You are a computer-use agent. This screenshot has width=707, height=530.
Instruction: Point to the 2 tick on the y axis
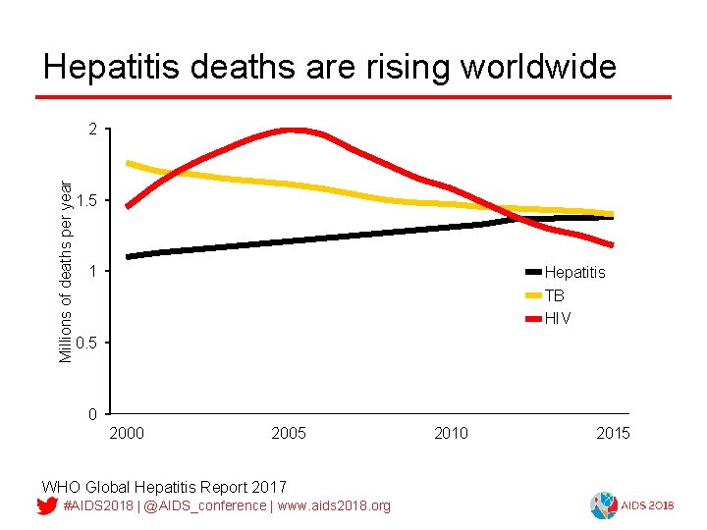(92, 130)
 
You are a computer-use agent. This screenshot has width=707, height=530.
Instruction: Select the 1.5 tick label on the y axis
(86, 201)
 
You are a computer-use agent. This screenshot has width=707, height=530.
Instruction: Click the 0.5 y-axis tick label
(86, 343)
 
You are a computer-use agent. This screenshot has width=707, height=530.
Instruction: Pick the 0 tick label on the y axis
(92, 414)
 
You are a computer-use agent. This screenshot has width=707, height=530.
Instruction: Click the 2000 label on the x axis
(126, 434)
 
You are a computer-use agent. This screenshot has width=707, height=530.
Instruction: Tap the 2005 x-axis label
(288, 434)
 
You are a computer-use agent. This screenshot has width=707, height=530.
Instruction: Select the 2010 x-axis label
(451, 434)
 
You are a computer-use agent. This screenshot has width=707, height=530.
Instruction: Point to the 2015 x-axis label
(613, 434)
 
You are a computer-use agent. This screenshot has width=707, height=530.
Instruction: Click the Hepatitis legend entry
(574, 272)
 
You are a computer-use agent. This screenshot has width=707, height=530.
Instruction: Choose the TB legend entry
(554, 295)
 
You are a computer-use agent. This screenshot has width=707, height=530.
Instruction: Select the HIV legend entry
(557, 319)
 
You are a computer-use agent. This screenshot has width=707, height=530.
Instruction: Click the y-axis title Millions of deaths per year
(66, 270)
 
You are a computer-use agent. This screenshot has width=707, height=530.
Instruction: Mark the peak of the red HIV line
(292, 130)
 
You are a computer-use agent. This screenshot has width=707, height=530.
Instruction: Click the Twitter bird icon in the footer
(45, 506)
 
